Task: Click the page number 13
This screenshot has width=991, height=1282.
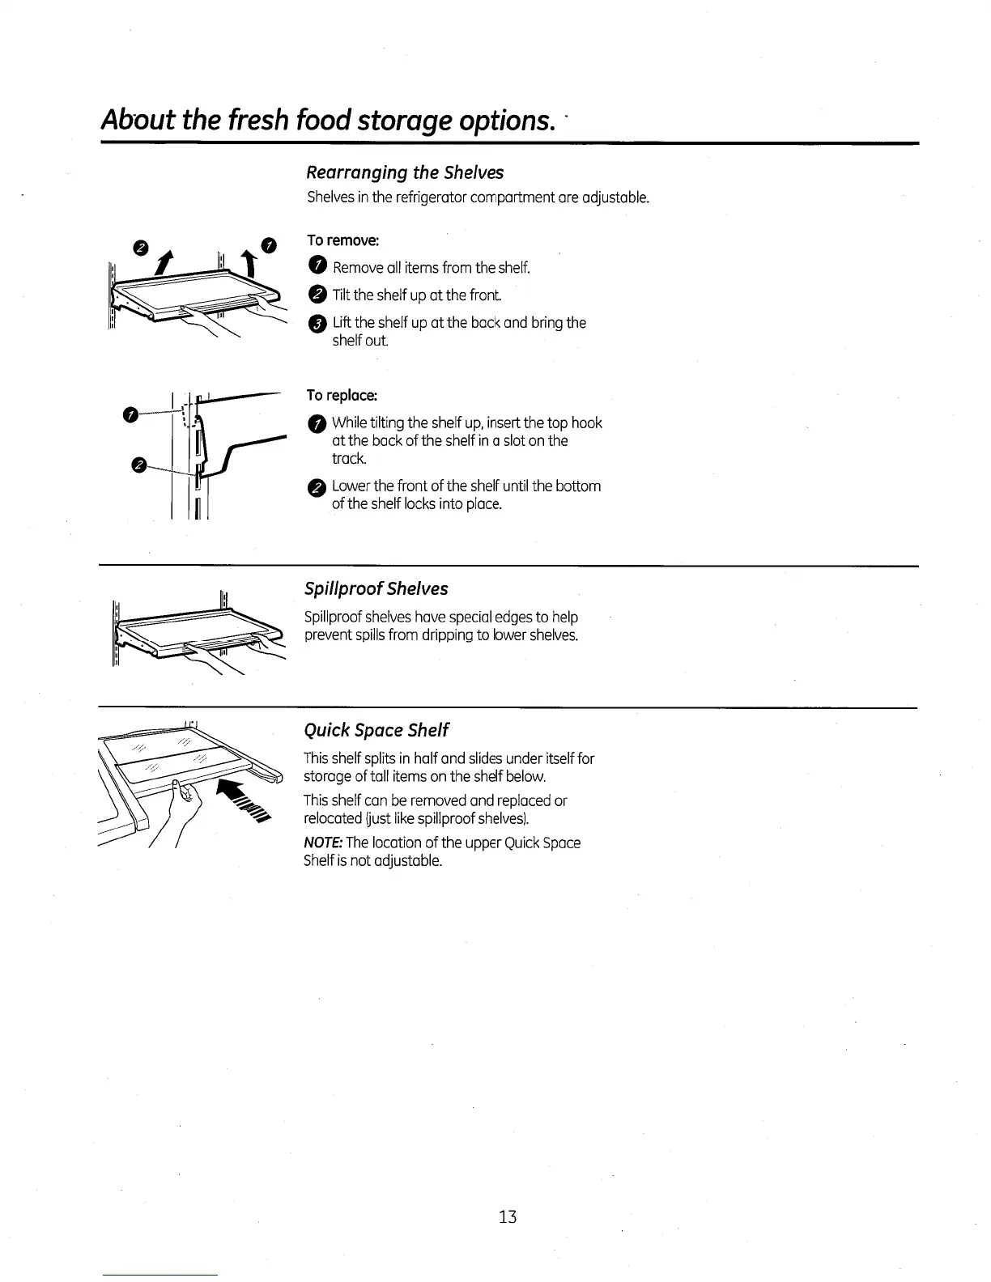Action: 508,1216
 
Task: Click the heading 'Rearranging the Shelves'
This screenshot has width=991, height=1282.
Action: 404,172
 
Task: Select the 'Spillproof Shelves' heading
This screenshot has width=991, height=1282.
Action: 376,588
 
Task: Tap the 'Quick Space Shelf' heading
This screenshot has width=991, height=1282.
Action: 376,730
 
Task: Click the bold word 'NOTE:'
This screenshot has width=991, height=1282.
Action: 322,843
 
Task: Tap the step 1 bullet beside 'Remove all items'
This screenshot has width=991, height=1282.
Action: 317,268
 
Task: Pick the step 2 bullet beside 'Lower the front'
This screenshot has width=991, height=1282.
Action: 317,486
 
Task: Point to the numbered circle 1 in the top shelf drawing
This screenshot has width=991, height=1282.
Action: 269,245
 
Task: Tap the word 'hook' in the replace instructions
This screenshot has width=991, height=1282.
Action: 586,422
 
